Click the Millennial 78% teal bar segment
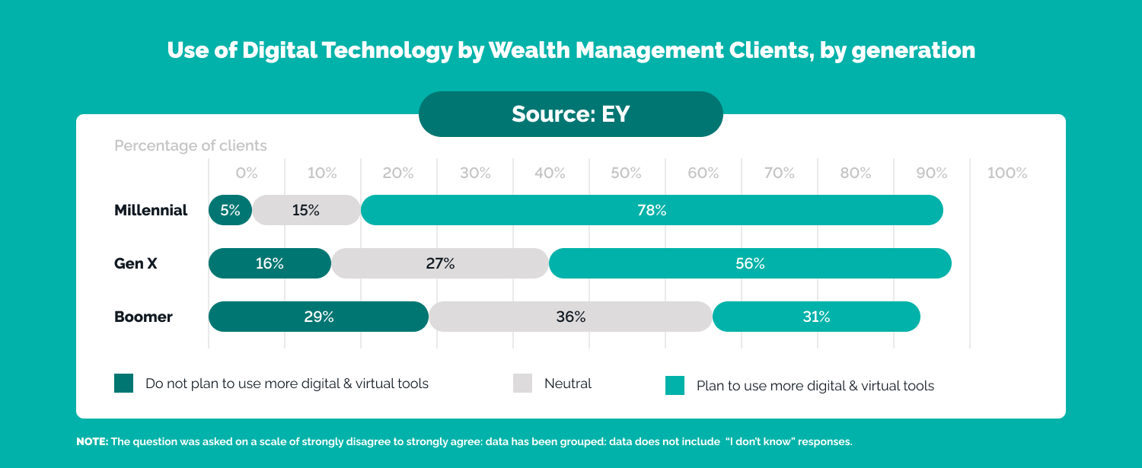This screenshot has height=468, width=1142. point(652,210)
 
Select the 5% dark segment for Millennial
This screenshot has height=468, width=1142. point(230,210)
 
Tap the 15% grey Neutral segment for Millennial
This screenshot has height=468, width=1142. point(306,210)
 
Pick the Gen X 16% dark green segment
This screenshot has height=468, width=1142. point(270,263)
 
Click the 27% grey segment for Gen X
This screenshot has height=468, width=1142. point(440,263)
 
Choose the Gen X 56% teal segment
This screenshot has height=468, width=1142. point(750,263)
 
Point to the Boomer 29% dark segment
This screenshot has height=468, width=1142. point(318,317)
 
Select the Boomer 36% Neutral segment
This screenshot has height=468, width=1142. point(570,317)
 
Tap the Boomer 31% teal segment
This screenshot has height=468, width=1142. point(816,317)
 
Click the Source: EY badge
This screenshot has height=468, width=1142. point(570,114)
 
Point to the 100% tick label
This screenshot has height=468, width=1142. point(1007,174)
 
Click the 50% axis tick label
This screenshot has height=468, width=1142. point(626,174)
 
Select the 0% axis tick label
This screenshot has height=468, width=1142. point(247,174)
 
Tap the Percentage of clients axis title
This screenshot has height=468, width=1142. point(190,145)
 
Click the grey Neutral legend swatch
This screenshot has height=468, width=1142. point(522,384)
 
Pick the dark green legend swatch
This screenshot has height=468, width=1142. point(123,384)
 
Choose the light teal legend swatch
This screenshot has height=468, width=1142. point(675,385)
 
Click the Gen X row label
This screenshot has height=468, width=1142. point(136,264)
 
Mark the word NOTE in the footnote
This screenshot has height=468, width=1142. point(92,442)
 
